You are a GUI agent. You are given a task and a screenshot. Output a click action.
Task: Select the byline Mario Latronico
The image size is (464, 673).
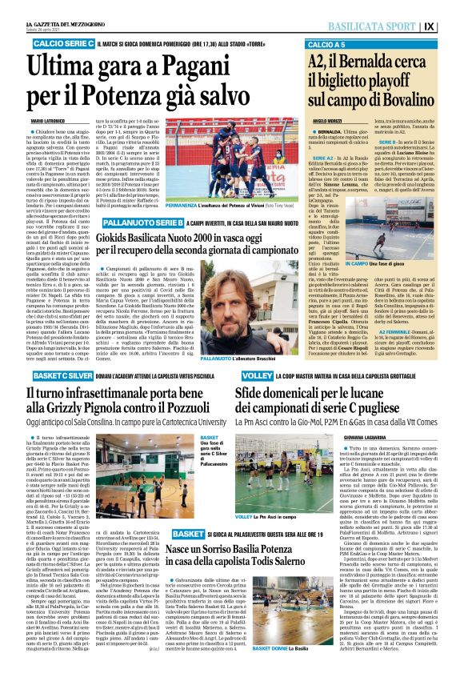49,121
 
